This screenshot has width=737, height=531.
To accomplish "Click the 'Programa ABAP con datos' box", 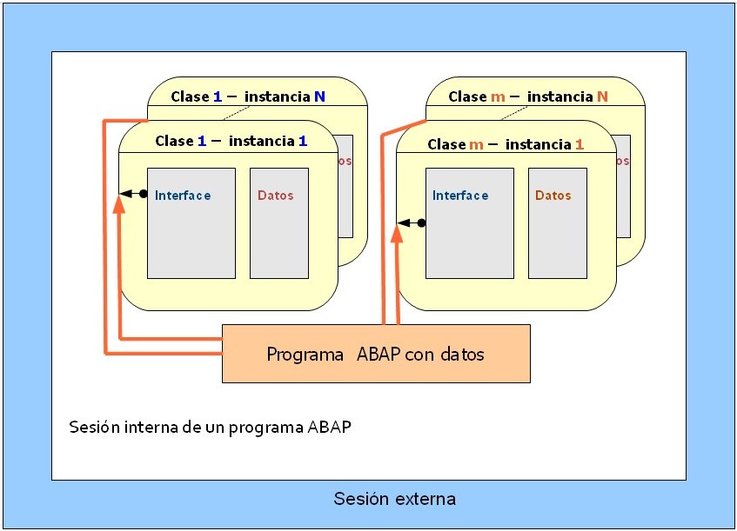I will pyautogui.click(x=376, y=354).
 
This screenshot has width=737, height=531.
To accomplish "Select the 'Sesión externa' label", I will pyautogui.click(x=394, y=499).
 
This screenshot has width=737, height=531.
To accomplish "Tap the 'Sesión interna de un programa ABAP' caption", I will pyautogui.click(x=210, y=428).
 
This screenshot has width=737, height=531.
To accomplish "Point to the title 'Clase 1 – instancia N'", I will pyautogui.click(x=248, y=96).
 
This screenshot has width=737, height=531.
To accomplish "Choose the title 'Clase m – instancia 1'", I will pyautogui.click(x=506, y=144).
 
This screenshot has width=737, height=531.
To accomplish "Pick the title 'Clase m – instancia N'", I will pyautogui.click(x=528, y=96).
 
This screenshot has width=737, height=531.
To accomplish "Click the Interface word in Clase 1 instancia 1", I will pyautogui.click(x=183, y=196).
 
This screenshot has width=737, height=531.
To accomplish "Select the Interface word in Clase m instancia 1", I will pyautogui.click(x=460, y=196).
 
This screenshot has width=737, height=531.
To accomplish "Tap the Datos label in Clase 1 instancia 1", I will pyautogui.click(x=276, y=196).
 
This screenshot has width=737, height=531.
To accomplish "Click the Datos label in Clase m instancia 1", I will pyautogui.click(x=553, y=196).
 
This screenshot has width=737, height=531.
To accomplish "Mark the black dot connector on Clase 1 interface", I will pyautogui.click(x=144, y=193).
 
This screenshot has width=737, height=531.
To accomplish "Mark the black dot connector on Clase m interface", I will pyautogui.click(x=421, y=223).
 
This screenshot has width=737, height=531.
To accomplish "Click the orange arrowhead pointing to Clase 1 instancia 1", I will pyautogui.click(x=118, y=206).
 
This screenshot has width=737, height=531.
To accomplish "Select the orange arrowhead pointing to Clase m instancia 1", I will pyautogui.click(x=397, y=235).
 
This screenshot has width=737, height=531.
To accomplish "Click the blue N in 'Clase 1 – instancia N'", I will pyautogui.click(x=319, y=96).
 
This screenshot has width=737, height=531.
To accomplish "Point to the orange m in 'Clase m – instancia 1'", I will pyautogui.click(x=476, y=144).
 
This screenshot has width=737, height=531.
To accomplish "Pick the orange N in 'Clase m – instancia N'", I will pyautogui.click(x=602, y=96).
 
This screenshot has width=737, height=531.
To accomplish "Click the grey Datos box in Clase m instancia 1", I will pyautogui.click(x=557, y=223).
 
